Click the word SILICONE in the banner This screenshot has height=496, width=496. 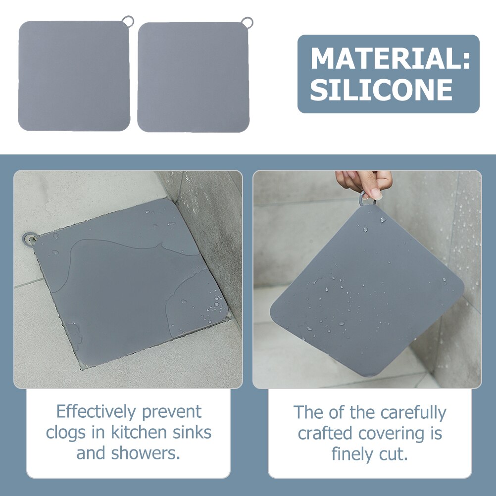point(381,90)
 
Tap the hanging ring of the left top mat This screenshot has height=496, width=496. point(128,21)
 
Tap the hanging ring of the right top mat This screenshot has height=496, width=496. point(247,22)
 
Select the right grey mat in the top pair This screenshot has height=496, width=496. point(193,77)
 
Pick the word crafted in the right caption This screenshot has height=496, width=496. point(325,433)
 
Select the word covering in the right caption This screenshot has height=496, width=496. point(393,433)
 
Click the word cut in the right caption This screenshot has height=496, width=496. point(397,454)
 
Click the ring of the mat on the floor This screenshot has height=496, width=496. point(28,238)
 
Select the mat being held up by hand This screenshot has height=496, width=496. point(366,292)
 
